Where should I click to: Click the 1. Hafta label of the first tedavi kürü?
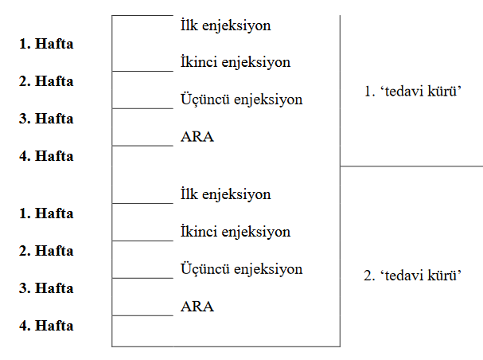pos(46,44)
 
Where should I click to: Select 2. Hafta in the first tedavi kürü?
pos(46,81)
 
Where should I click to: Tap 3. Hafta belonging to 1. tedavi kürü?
pos(46,119)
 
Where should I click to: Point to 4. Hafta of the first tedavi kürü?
pos(46,156)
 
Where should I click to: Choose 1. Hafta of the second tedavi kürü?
pos(46,213)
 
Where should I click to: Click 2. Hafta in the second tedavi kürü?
pos(46,251)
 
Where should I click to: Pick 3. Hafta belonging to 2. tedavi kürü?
pos(46,288)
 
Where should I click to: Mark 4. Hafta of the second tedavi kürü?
pos(46,326)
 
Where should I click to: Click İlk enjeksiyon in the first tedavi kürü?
pos(226,25)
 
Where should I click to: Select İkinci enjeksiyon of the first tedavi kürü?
pos(236,62)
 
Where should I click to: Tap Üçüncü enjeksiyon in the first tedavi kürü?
pos(242,100)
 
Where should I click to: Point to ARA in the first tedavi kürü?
pos(197,137)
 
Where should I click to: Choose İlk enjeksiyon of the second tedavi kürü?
pos(226,194)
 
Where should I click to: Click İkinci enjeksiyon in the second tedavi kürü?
pos(236,232)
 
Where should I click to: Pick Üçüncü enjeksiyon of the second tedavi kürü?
pos(242,269)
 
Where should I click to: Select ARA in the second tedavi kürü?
pos(197,307)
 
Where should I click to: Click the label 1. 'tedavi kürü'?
pos(413,92)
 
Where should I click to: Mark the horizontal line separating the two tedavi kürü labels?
pos(411,166)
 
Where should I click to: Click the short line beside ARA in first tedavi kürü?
pos(143,146)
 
